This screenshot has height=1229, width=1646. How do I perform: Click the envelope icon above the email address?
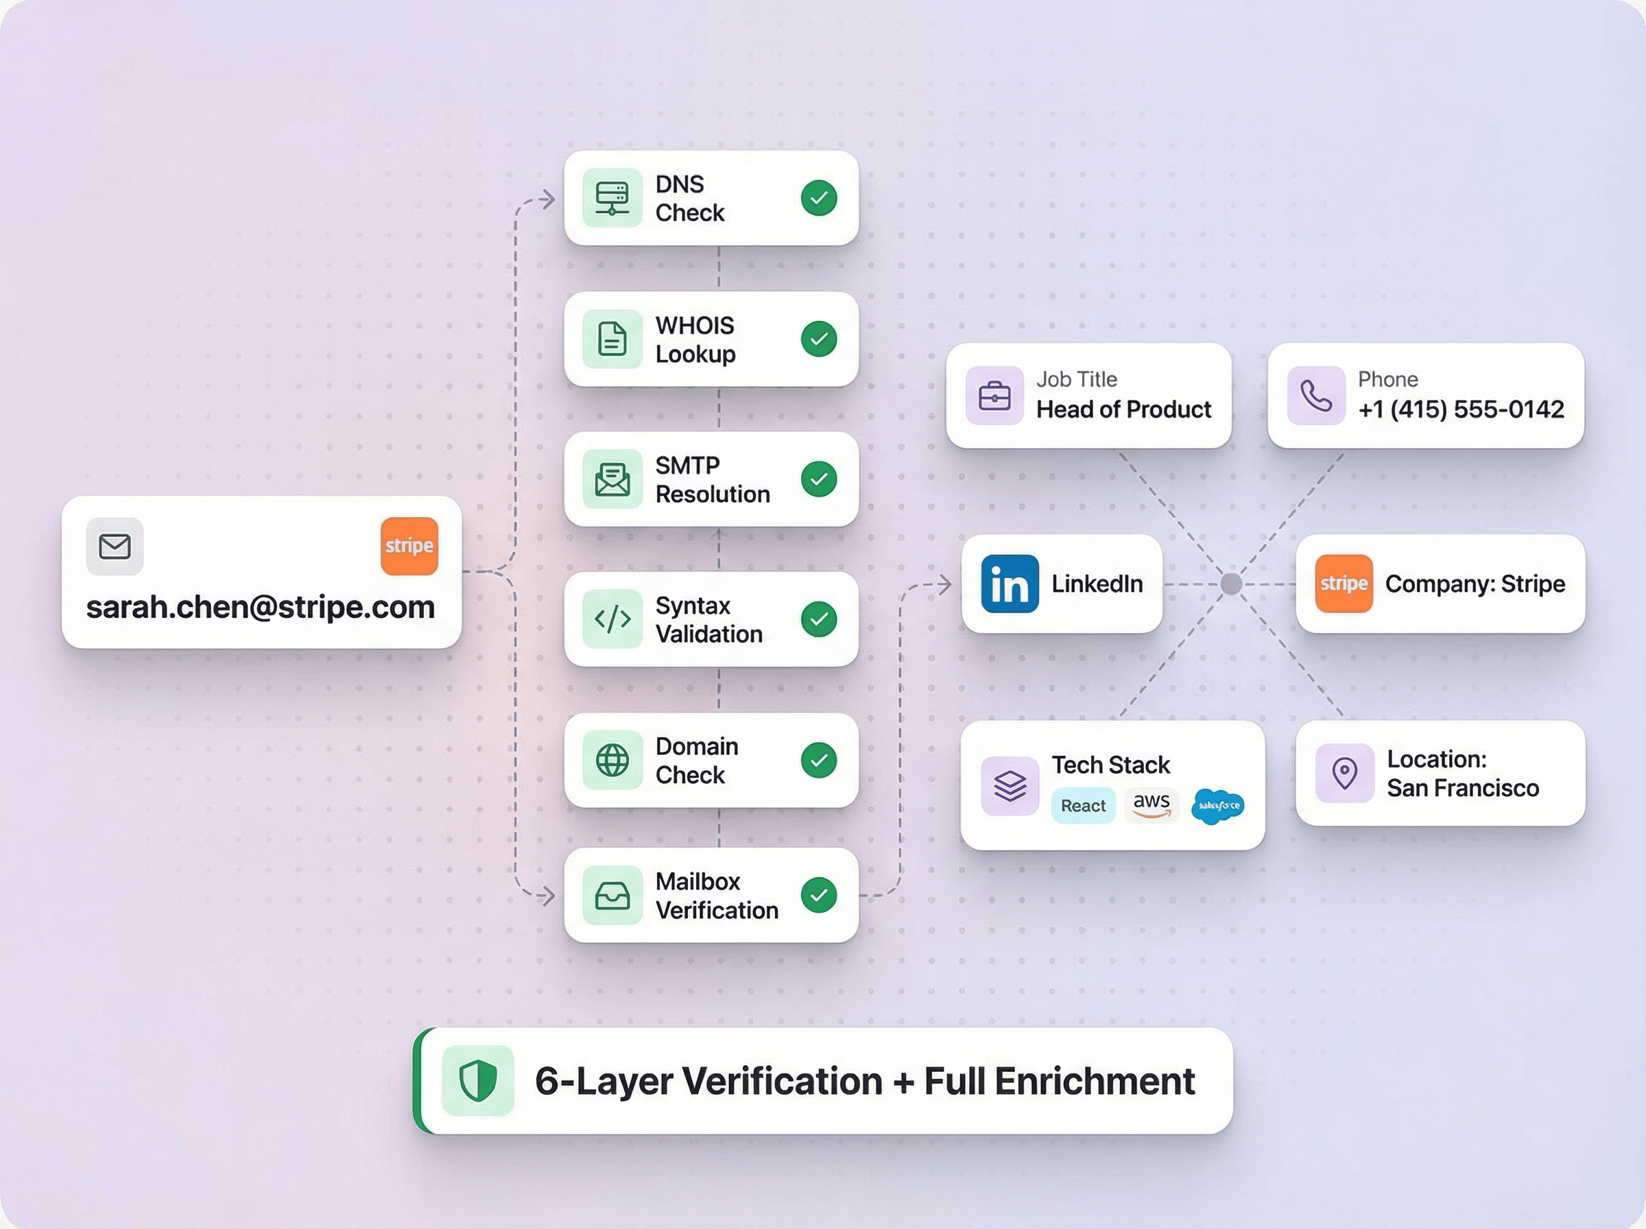[x=115, y=547]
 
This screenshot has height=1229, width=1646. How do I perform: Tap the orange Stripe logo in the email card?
[x=409, y=546]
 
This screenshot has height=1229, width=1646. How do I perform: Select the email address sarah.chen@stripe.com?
[x=261, y=607]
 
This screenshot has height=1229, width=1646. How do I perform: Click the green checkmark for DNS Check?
[x=819, y=198]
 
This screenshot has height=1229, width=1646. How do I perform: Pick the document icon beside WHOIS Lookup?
[x=612, y=339]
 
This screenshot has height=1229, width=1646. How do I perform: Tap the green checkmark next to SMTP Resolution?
[x=819, y=479]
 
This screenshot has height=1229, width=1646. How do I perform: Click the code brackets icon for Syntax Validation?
[x=612, y=619]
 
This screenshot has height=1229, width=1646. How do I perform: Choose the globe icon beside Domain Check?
[x=612, y=761]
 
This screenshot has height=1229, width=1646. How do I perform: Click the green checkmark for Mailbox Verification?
[x=819, y=895]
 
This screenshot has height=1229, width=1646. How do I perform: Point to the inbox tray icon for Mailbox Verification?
[x=612, y=895]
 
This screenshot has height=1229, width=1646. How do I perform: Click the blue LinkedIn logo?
[x=1010, y=584]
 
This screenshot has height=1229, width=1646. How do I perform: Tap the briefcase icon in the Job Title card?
[x=994, y=396]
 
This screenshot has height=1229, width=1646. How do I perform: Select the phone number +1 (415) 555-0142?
[x=1461, y=409]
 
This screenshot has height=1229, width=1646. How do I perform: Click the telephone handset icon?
[x=1315, y=396]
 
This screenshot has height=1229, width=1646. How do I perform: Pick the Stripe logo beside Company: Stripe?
[x=1344, y=584]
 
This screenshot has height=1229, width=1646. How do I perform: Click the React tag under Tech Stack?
[x=1083, y=806]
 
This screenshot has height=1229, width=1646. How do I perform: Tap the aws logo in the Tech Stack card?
[x=1152, y=804]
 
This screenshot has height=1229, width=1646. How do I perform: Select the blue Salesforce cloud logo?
[x=1217, y=806]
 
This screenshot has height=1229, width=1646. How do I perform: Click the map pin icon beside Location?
[x=1344, y=773]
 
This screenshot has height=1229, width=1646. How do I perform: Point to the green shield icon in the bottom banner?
[x=477, y=1080]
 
